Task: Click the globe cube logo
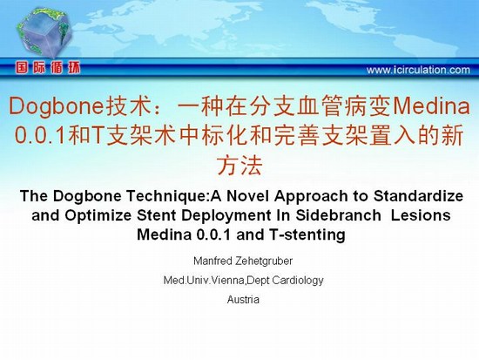(44, 32)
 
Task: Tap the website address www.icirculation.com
(418, 70)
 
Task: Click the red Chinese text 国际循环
(48, 68)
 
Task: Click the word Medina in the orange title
(431, 105)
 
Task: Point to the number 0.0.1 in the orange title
(40, 135)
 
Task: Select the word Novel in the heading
(247, 196)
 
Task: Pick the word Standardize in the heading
(418, 196)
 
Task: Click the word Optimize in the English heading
(98, 215)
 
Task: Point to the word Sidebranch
(338, 215)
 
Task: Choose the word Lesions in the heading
(421, 215)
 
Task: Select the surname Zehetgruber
(264, 261)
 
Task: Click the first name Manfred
(213, 261)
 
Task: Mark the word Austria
(243, 300)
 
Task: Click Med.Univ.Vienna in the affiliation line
(204, 280)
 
